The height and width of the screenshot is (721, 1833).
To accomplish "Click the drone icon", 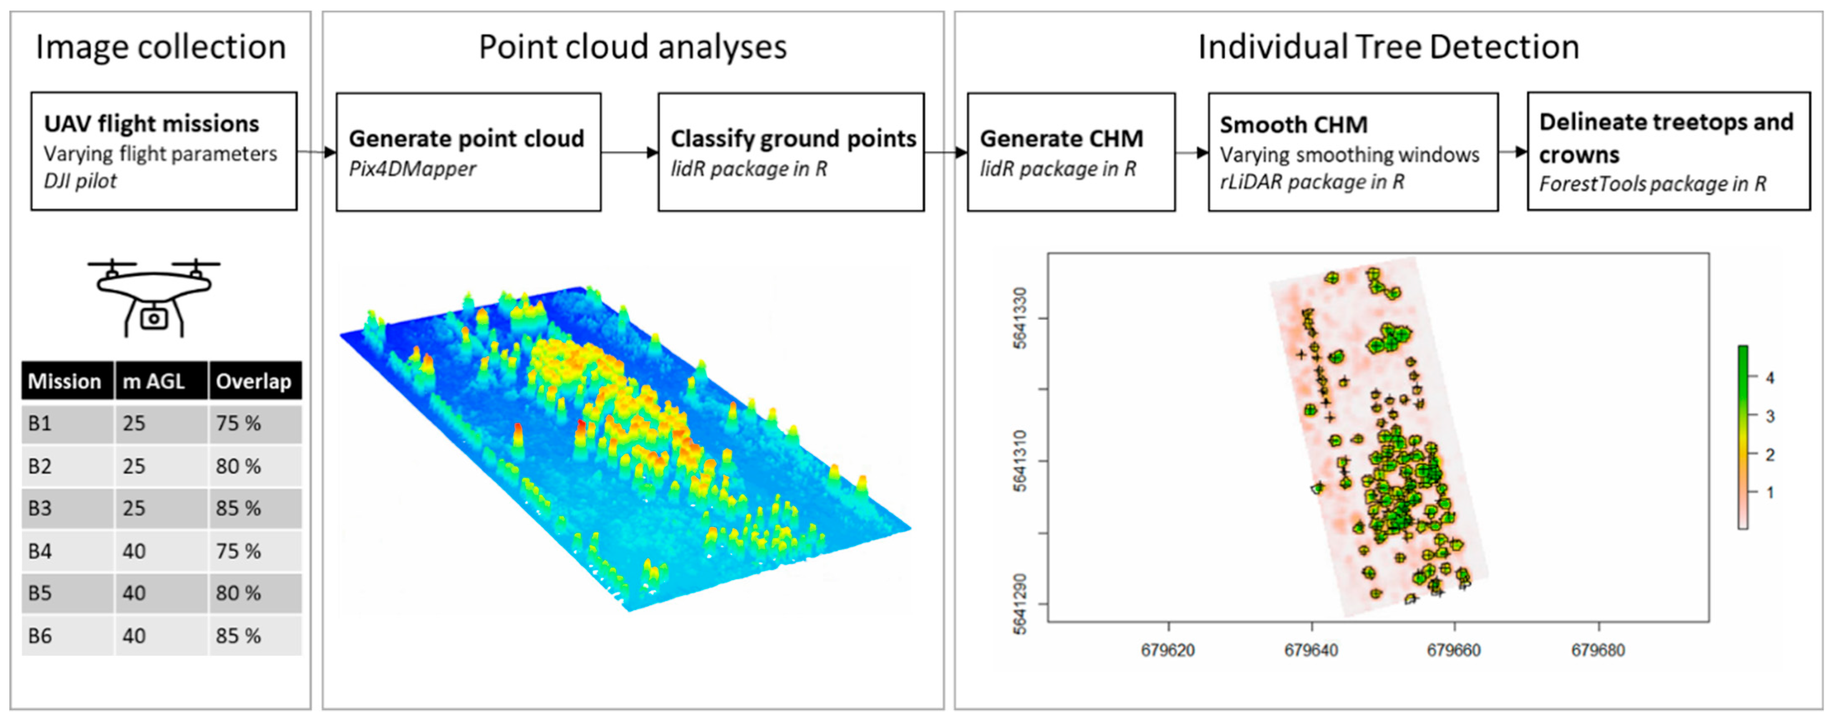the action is [x=154, y=297].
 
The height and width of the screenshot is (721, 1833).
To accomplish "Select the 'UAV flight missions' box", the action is [x=164, y=151].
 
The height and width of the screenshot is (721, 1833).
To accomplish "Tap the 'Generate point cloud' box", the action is [x=468, y=151].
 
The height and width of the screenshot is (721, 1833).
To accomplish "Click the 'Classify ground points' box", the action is [x=791, y=151].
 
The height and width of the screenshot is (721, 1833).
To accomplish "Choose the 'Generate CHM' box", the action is [x=1071, y=151].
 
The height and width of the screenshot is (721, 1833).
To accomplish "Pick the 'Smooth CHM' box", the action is [x=1353, y=151].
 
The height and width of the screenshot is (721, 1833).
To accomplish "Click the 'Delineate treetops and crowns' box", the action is [x=1669, y=151].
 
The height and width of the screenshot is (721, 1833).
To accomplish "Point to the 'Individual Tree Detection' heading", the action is [x=1388, y=47].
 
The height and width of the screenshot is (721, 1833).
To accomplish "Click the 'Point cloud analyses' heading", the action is [x=633, y=48].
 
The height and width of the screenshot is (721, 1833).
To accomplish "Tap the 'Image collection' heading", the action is [x=161, y=48].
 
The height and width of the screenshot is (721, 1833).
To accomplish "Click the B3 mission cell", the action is [x=68, y=508].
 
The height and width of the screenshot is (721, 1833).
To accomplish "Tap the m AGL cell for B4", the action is [x=161, y=551].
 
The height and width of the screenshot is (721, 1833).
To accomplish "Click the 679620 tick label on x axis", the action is [x=1167, y=650].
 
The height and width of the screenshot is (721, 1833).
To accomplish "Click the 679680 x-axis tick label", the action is [x=1598, y=650].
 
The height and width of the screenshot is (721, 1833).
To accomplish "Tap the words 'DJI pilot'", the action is [x=80, y=181].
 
